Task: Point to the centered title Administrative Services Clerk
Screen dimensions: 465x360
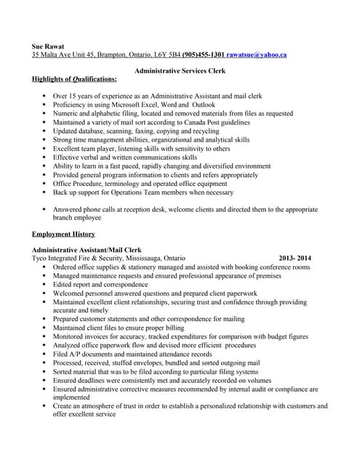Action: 180,70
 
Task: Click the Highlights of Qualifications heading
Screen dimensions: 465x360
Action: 73,79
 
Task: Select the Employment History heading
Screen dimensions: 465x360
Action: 63,234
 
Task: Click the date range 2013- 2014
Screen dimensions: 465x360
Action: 295,258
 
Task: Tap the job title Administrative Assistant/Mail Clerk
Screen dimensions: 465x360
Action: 86,250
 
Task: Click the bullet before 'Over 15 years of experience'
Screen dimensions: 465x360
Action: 44,96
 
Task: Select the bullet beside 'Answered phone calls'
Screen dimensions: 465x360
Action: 44,209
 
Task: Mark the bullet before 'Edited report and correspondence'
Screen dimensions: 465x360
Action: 44,285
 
